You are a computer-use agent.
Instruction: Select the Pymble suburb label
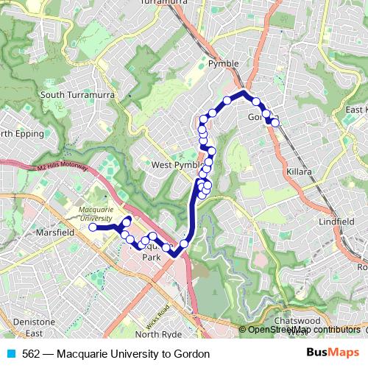224,64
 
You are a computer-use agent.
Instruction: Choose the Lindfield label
338,221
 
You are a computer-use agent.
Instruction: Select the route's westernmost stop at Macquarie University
93,228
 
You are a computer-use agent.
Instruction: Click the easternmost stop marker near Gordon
275,123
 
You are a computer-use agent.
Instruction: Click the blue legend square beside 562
11,354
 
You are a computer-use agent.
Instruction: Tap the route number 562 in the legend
32,354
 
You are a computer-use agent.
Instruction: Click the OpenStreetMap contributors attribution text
303,330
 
